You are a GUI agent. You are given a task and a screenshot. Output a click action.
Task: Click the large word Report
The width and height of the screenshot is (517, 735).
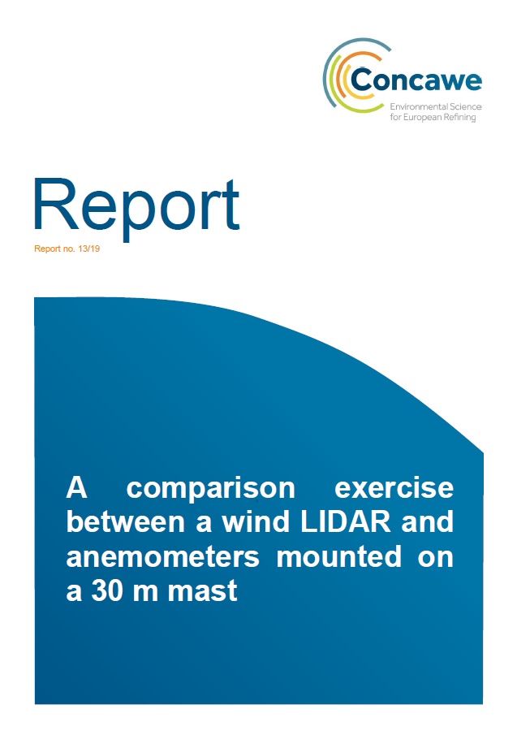click(x=136, y=207)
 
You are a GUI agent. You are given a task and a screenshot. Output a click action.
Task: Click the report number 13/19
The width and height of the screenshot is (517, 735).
click(x=89, y=249)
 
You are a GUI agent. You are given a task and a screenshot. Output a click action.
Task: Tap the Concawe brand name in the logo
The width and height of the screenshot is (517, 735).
click(x=416, y=80)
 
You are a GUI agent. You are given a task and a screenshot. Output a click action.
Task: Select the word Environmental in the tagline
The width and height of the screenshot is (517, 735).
click(x=419, y=107)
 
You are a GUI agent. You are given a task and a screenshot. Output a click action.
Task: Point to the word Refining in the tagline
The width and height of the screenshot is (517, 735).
click(x=460, y=118)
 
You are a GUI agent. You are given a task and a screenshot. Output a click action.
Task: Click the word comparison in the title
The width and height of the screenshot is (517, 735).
click(x=211, y=489)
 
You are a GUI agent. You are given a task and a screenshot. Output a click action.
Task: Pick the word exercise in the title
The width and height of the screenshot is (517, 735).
click(x=394, y=488)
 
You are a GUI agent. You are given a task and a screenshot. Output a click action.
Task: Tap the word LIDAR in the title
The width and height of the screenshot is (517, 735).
click(x=346, y=521)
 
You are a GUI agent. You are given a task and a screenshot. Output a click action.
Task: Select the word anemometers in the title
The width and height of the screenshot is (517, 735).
click(x=162, y=557)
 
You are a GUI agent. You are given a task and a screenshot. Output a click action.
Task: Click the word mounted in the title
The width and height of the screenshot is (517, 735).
click(x=338, y=556)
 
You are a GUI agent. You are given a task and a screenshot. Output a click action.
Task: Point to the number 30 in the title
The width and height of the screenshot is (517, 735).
click(x=107, y=590)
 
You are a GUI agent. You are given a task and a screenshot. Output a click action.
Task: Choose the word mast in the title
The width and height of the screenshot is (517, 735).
click(x=202, y=591)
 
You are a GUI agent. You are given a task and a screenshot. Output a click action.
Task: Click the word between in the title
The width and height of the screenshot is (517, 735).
click(x=126, y=521)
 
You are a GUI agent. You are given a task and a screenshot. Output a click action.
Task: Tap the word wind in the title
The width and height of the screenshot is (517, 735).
click(x=255, y=521)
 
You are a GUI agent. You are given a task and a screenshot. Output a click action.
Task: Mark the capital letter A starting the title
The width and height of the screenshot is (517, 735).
click(x=77, y=488)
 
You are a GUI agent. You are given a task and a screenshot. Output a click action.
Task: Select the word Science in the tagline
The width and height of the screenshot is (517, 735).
click(x=466, y=107)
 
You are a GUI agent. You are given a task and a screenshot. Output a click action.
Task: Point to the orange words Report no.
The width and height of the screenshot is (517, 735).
click(x=55, y=249)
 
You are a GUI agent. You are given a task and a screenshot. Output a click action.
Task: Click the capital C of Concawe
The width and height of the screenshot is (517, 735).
click(x=361, y=80)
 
